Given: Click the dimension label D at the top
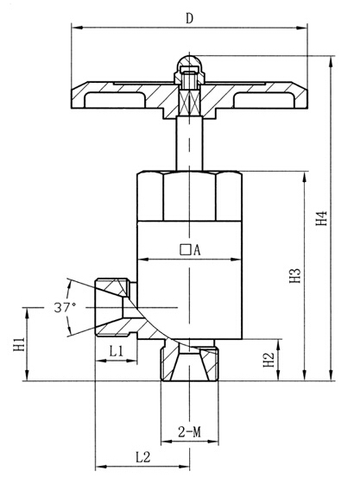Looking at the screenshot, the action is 189,19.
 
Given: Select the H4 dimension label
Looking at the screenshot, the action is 321,218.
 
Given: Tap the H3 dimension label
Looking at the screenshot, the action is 295,276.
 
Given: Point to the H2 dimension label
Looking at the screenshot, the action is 269,360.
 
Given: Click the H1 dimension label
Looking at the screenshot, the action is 19,344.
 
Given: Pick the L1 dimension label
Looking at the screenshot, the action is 116,352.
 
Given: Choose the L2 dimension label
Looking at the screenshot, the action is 142,457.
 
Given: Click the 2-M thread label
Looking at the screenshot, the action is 189,432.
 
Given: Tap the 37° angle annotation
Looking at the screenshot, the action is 65,308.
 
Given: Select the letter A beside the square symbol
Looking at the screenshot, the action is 197,250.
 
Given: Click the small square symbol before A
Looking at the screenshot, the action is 185,249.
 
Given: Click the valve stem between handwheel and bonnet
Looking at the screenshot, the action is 189,143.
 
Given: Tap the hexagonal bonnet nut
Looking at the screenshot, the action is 189,196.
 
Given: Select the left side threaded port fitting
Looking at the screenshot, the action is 116,308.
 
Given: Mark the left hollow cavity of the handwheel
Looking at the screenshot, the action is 115,100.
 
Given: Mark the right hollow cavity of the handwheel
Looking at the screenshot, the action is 264,100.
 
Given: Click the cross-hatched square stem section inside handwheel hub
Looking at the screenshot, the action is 189,103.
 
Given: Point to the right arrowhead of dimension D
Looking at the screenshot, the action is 302,28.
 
